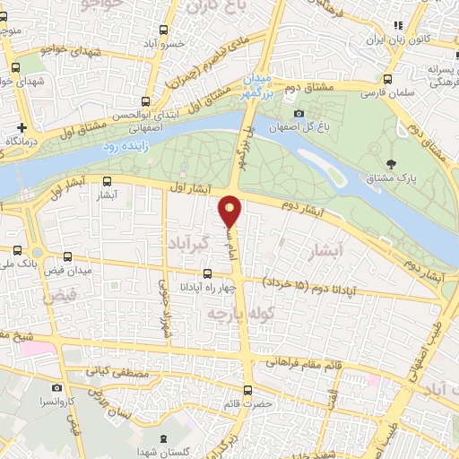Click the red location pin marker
(231, 212)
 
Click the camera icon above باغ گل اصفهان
(299, 112)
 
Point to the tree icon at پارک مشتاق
(392, 163)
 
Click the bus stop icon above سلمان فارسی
(386, 78)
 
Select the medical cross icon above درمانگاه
(22, 126)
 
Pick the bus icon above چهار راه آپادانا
(207, 273)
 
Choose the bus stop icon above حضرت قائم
(248, 388)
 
